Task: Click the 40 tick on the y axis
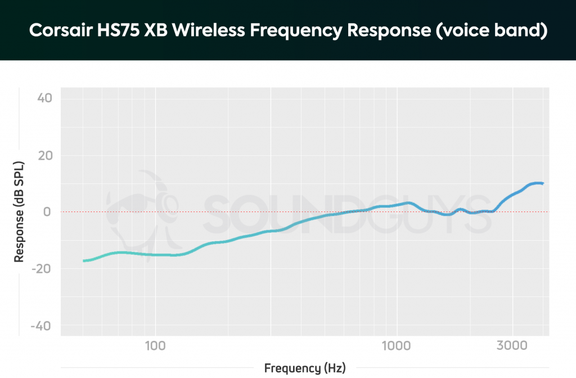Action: pos(44,98)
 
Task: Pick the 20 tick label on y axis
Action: pos(44,155)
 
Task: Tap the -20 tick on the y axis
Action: pos(42,269)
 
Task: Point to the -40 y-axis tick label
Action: pos(42,326)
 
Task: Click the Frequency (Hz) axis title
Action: pos(304,368)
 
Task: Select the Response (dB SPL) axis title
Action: pos(19,212)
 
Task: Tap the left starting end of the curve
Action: pos(84,261)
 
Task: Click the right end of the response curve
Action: pos(542,183)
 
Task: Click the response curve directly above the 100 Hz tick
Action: pos(155,255)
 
